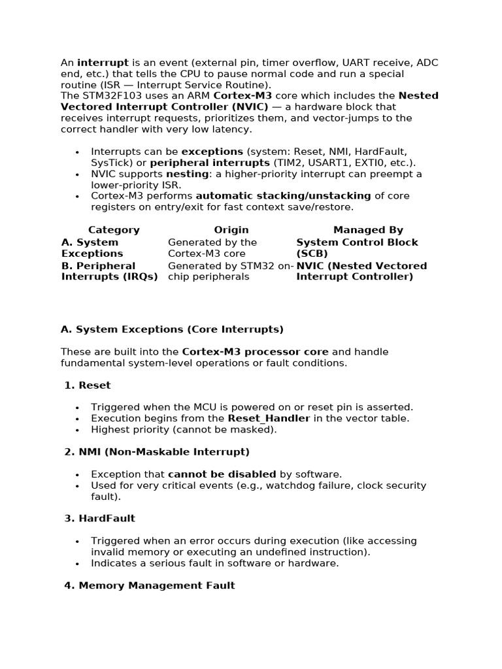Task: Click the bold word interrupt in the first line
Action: (x=103, y=63)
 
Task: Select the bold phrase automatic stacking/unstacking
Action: (x=274, y=196)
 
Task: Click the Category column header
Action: (x=114, y=230)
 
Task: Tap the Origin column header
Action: (x=231, y=230)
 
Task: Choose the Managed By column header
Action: (x=368, y=230)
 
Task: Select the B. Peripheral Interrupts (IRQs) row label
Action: (x=109, y=271)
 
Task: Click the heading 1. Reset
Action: (x=88, y=385)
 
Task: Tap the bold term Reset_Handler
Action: (x=269, y=419)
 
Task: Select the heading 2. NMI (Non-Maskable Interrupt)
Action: (x=157, y=452)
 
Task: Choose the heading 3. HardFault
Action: (x=100, y=519)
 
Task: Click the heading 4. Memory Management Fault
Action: (x=150, y=585)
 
